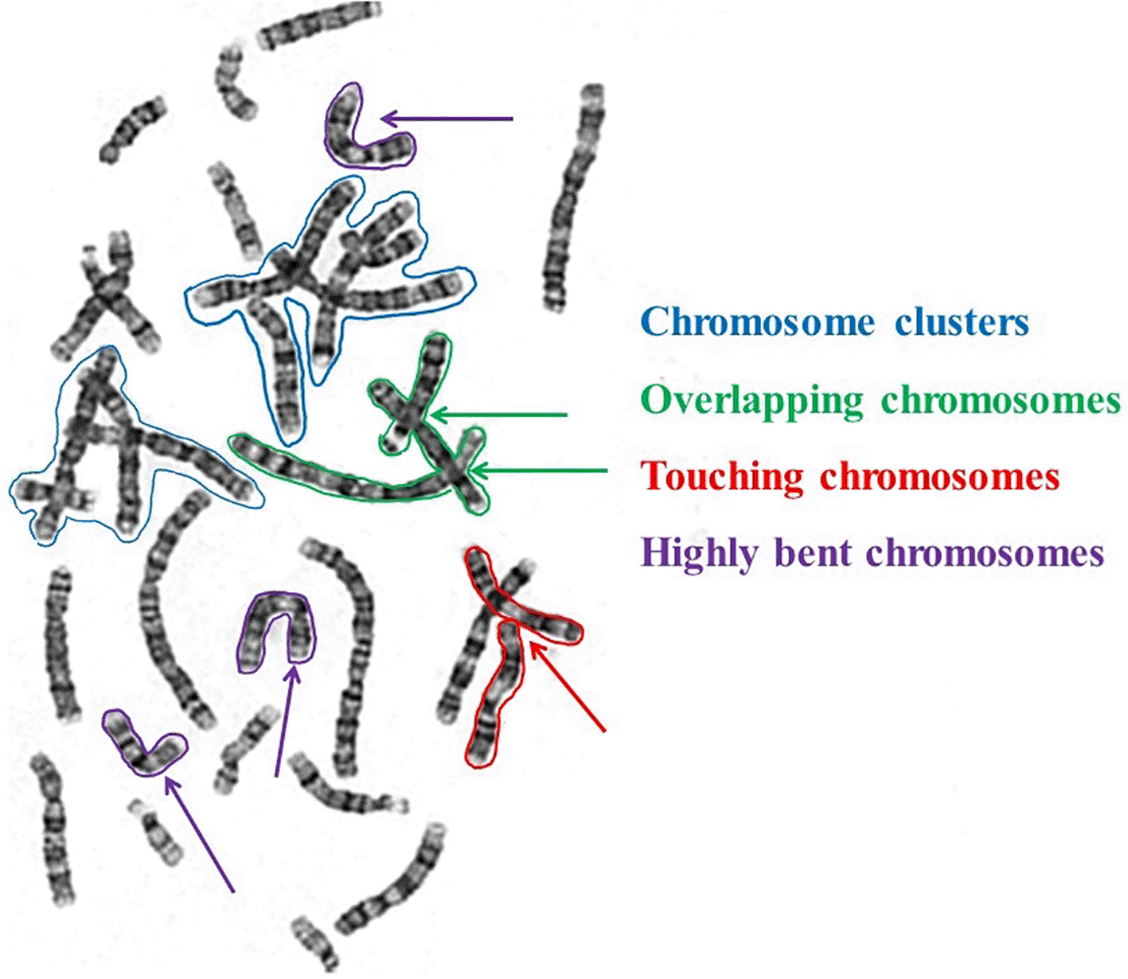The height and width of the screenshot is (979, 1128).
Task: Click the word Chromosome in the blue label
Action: coord(757,323)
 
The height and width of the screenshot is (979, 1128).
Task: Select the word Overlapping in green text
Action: coord(751,400)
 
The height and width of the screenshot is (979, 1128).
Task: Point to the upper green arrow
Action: coord(498,415)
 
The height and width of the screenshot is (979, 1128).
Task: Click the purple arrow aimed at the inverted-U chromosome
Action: coord(285,721)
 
